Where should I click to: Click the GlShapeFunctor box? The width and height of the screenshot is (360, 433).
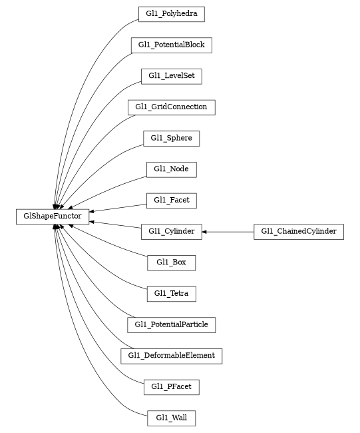[53, 216]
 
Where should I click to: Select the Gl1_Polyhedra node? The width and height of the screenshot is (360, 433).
[171, 13]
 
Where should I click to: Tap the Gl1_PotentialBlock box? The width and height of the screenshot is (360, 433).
[171, 45]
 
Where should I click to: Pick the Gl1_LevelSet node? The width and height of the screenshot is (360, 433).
[171, 76]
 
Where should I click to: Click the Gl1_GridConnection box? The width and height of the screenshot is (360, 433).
[171, 107]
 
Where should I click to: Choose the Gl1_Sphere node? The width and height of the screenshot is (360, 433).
[171, 138]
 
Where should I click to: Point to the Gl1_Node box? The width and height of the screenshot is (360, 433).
[171, 169]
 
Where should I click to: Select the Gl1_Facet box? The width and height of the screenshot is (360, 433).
[171, 200]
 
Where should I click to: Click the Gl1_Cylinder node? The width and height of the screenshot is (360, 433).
[171, 232]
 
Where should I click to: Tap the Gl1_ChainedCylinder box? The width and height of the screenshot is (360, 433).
[299, 232]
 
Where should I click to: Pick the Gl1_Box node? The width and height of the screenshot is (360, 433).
[171, 262]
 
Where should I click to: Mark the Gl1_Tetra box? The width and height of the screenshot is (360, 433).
[171, 293]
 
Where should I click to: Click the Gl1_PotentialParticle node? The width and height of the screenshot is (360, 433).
[171, 324]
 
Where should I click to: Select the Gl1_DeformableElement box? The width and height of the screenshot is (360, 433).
[171, 356]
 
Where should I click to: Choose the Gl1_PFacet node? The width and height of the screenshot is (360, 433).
[171, 386]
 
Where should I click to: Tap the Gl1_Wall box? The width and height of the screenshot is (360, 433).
[171, 418]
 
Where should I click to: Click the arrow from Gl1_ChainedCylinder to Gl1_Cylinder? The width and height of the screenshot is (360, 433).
[230, 232]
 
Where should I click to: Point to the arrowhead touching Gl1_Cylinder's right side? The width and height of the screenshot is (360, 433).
[205, 232]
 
